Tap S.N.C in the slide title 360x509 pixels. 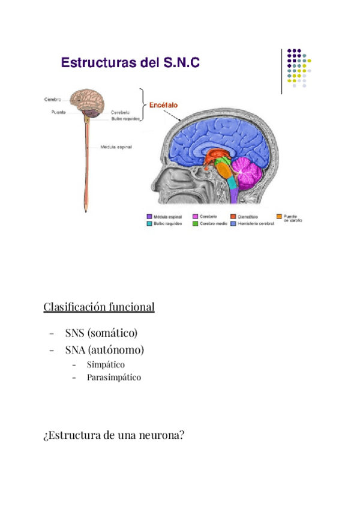coord(182,62)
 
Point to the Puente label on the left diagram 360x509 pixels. coord(58,112)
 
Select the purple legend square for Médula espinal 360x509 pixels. coord(149,216)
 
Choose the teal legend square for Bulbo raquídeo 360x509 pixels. coord(149,223)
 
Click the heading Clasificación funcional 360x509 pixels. coord(99,307)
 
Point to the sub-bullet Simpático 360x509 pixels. coord(106,364)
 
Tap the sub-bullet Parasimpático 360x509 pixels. coord(113,378)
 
